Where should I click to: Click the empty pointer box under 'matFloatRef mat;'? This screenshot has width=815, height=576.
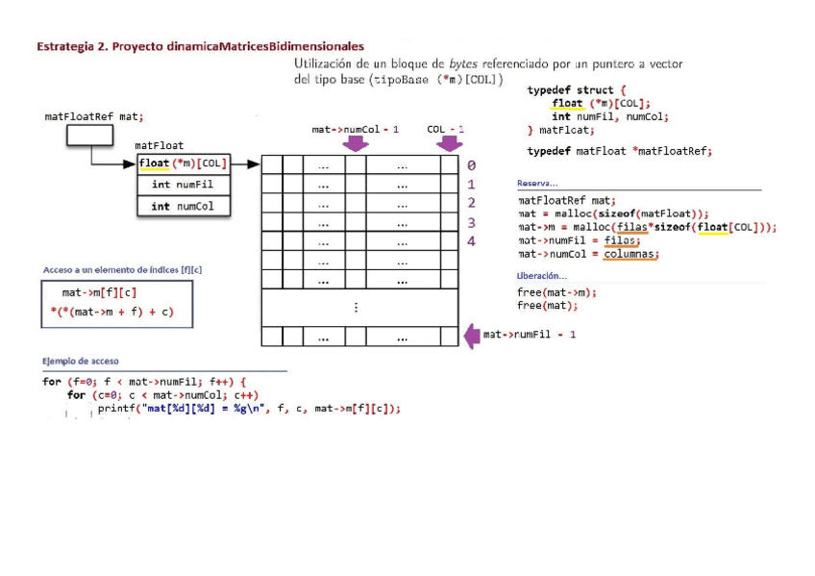(x=89, y=137)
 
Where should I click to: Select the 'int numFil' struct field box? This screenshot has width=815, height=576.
(x=183, y=185)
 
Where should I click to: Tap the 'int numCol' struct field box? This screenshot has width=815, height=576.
(x=183, y=206)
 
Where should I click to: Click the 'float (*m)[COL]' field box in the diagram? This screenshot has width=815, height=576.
(x=183, y=163)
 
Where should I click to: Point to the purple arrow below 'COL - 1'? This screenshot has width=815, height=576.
(x=448, y=143)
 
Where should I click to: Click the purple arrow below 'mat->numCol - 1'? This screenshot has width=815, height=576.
(x=356, y=143)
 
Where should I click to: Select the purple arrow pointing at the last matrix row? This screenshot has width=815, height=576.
(x=472, y=336)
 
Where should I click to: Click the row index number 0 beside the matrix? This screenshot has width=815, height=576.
(x=471, y=164)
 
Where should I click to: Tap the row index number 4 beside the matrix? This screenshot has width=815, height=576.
(x=471, y=241)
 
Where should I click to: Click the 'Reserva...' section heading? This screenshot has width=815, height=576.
(x=537, y=183)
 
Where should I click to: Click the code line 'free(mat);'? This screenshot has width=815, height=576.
(x=547, y=306)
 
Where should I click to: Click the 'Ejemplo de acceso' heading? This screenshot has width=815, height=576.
(x=81, y=361)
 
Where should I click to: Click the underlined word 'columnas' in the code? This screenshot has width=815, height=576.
(x=630, y=254)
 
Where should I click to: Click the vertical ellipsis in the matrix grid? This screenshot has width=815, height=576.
(x=356, y=308)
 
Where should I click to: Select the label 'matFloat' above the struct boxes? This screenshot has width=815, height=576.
(x=159, y=145)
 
